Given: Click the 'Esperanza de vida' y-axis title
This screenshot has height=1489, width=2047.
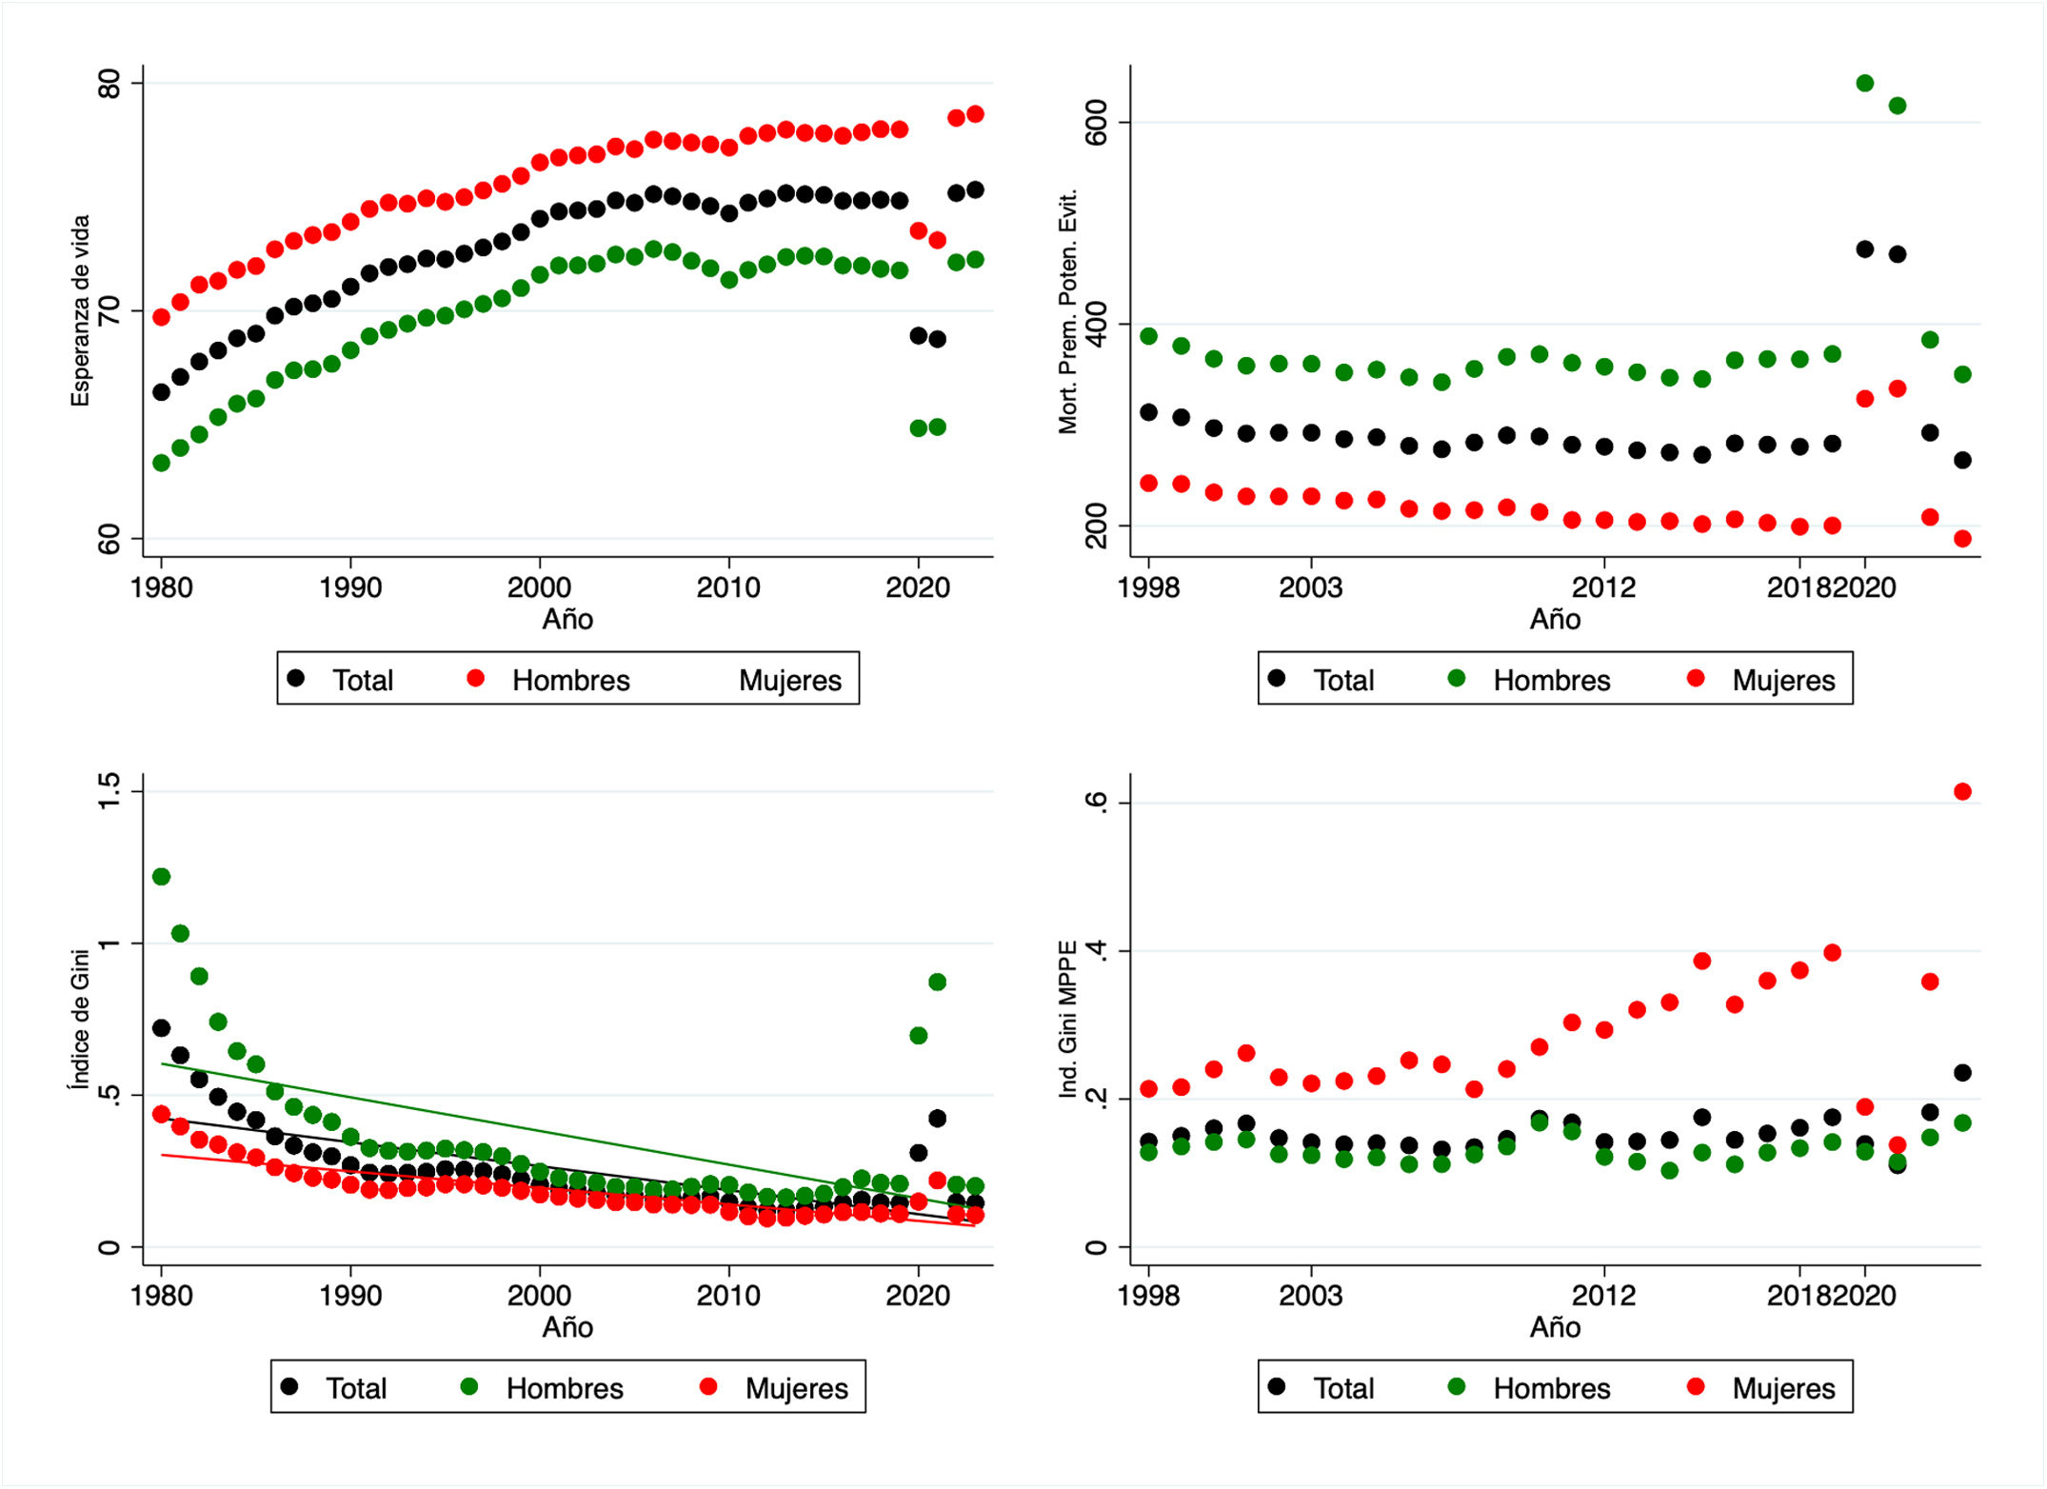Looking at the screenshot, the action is (81, 310).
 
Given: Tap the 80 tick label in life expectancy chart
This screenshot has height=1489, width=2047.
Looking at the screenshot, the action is (109, 84).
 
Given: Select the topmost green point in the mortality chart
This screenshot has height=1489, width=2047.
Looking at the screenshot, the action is (1865, 84).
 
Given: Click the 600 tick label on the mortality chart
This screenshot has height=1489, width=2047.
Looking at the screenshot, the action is (1097, 122).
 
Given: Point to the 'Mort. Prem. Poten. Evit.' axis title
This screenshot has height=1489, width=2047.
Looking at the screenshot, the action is (1068, 311).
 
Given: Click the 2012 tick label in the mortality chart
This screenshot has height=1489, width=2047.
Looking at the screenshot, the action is (1604, 587).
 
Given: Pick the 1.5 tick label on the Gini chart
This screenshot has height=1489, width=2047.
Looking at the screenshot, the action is (109, 791).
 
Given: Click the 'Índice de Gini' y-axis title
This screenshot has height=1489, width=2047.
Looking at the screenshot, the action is (81, 1019).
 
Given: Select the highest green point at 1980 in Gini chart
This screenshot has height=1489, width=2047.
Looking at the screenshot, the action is (161, 877).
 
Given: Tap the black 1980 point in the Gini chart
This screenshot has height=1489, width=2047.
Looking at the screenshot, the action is (161, 1028).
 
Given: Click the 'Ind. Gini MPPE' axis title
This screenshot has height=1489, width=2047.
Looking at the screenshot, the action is (1068, 1019).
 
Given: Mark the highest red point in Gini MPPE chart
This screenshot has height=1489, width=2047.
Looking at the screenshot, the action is (1962, 792).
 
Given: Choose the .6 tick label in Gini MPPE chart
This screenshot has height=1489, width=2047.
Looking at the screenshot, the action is (1097, 802).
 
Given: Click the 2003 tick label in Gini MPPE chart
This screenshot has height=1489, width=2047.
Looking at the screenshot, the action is (1311, 1296).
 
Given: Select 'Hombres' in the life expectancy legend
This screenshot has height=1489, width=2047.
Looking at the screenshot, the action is (571, 681).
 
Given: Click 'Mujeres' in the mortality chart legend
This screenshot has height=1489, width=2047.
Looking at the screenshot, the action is (1783, 681).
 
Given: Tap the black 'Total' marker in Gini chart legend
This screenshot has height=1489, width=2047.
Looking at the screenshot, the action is (289, 1387).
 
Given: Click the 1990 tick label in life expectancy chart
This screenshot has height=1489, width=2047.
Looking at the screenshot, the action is (350, 587).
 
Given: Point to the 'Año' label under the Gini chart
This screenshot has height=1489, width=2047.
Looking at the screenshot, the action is (567, 1327).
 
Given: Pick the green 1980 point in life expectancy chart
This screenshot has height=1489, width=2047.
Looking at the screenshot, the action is (161, 464).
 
